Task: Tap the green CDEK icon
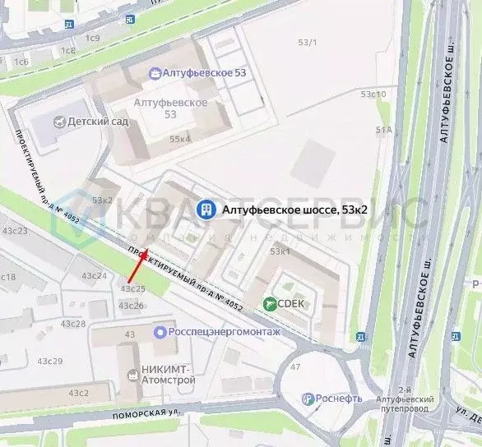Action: coord(270,304)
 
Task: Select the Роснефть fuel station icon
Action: coord(308,399)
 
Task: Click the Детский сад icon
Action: coord(58,122)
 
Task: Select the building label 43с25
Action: coord(132,288)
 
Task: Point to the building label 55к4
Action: coord(180,140)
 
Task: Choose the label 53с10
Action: coord(374,94)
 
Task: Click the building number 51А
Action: coord(383,130)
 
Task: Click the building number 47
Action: coord(296,366)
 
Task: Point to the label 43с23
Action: coord(16,232)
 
